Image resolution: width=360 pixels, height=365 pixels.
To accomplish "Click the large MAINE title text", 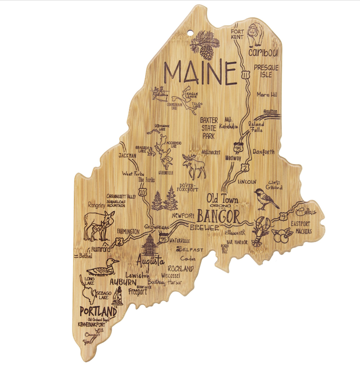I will pyautogui.click(x=200, y=73).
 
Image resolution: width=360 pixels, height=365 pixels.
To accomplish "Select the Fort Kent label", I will pyautogui.click(x=237, y=34).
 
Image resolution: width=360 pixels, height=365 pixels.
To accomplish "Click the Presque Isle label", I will pyautogui.click(x=266, y=71).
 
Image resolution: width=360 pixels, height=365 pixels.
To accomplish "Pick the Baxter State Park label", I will pyautogui.click(x=209, y=128).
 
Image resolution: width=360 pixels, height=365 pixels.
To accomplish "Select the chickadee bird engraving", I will pyautogui.click(x=266, y=198).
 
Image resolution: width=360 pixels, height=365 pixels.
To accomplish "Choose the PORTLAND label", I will pyautogui.click(x=98, y=311).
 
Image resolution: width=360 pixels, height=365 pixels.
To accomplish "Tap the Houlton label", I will pyautogui.click(x=270, y=111).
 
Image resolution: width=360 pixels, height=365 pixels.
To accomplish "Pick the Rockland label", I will pyautogui.click(x=180, y=269).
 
